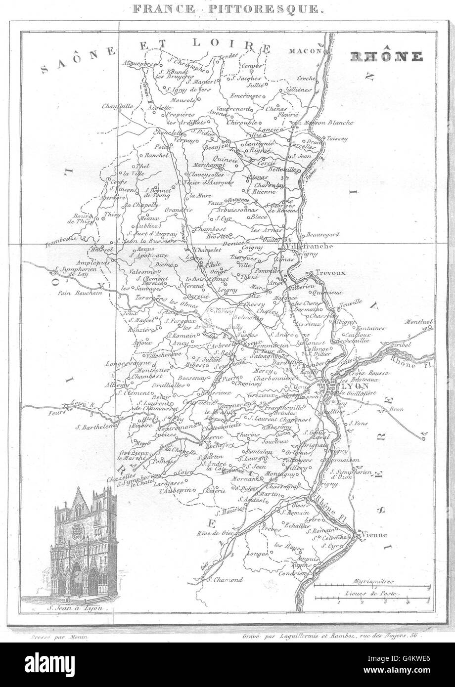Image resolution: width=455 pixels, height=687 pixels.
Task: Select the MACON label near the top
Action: [x=306, y=50]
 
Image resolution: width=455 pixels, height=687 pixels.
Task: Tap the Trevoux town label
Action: [x=328, y=272]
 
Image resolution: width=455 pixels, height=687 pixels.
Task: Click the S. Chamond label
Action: [x=225, y=579]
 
